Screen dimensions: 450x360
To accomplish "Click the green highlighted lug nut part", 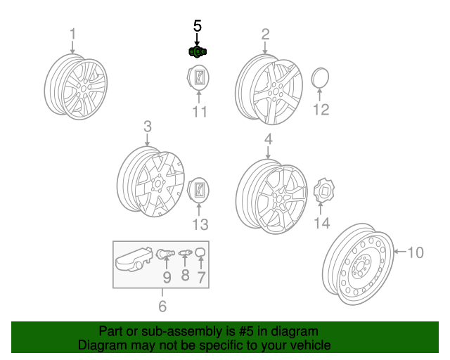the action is [x=198, y=51].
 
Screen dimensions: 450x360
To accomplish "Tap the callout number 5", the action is [x=198, y=26].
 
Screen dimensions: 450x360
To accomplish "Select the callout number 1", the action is [x=73, y=34].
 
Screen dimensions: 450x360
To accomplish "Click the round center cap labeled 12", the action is [x=320, y=77].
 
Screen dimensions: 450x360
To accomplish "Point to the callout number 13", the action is [x=200, y=224].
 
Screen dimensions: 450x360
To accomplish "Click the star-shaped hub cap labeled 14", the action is [x=324, y=191].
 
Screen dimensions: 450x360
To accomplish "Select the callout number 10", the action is [x=416, y=252].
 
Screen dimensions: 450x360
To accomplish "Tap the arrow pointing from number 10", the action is [x=399, y=252].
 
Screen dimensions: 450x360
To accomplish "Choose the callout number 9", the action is [x=167, y=277].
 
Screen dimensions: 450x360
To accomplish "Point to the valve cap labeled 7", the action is [x=200, y=252].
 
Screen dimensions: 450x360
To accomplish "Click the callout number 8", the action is [x=186, y=275].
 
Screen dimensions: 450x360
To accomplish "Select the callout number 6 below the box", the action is [x=162, y=307].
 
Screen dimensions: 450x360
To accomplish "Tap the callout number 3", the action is [x=148, y=127].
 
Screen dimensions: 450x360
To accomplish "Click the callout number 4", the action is [x=269, y=139].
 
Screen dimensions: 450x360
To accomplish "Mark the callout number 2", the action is [x=266, y=34].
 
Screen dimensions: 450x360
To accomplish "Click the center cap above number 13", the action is [x=198, y=190].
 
